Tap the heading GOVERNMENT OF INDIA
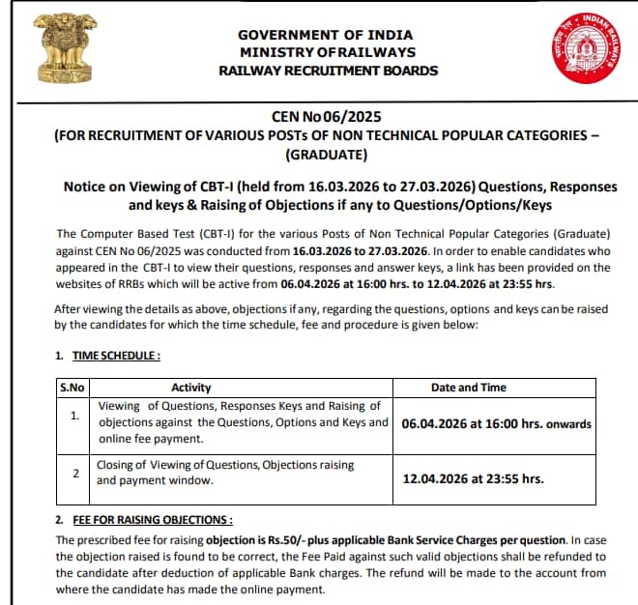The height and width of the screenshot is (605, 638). click(x=328, y=35)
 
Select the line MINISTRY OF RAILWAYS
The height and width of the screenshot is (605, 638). click(x=328, y=52)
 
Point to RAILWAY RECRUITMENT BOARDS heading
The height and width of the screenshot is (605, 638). click(x=328, y=71)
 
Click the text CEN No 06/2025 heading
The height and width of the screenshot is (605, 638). click(x=328, y=117)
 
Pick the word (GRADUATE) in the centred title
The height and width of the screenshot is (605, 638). click(x=328, y=156)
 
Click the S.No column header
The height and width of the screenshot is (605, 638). click(x=73, y=388)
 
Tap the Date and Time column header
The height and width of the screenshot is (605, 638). click(x=468, y=388)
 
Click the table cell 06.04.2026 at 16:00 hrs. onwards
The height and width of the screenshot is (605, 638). click(x=496, y=423)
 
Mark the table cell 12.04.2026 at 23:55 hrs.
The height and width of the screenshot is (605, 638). click(x=472, y=479)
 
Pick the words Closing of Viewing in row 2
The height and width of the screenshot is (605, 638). click(x=140, y=465)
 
